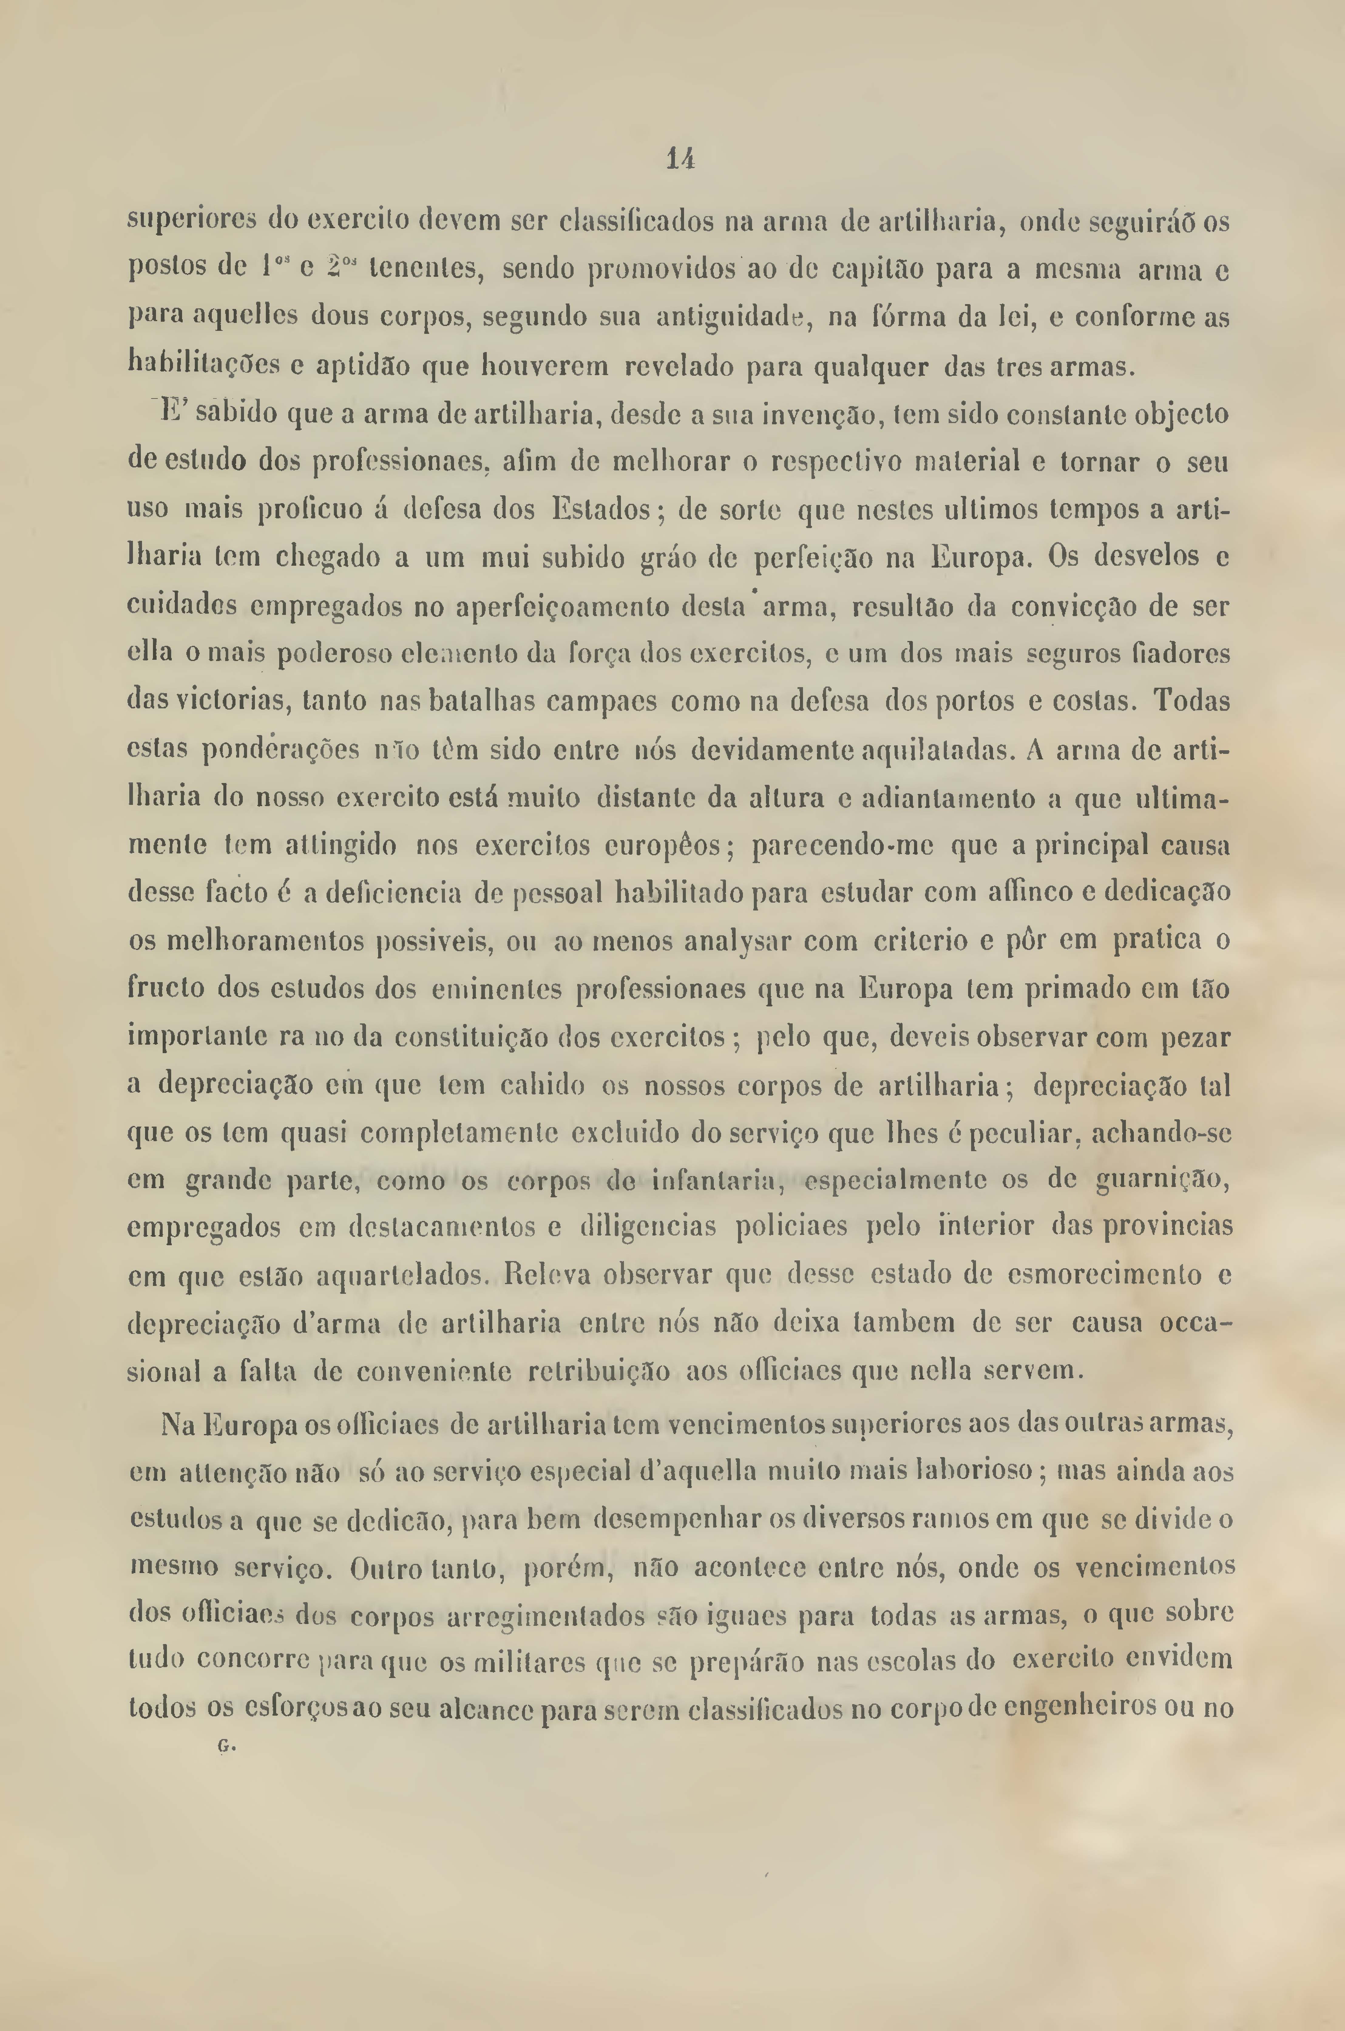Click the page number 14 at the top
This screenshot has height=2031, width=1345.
click(679, 160)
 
